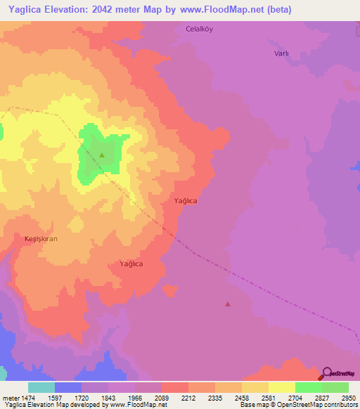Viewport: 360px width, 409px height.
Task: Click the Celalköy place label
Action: (199, 29)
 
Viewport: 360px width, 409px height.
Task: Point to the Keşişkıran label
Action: (41, 239)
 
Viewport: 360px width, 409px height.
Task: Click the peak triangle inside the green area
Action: (102, 155)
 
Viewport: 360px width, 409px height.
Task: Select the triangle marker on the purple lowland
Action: (227, 304)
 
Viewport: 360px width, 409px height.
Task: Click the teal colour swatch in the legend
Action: (41, 387)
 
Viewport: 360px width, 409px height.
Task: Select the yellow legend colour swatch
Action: (281, 387)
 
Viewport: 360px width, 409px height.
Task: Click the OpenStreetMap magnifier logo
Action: (327, 375)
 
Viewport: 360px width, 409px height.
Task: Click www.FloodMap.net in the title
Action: (212, 11)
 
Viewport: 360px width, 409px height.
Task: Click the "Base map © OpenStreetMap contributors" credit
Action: (297, 405)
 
